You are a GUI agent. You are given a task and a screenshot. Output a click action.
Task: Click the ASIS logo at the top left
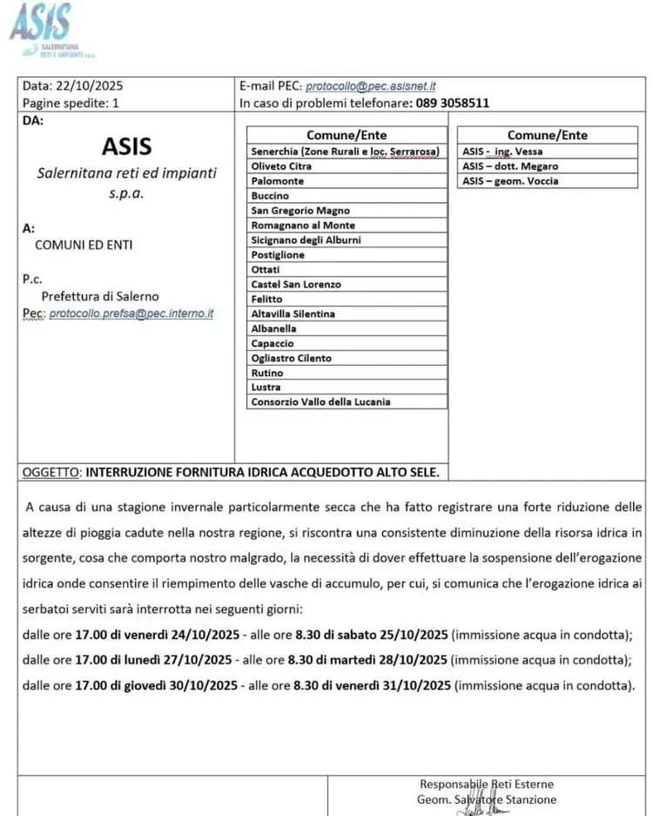click(40, 28)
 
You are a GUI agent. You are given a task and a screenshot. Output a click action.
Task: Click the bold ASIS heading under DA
click(126, 145)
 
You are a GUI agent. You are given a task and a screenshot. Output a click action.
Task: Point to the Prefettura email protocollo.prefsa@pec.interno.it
click(131, 313)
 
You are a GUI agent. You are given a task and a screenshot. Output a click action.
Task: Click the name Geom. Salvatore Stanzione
click(487, 799)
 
